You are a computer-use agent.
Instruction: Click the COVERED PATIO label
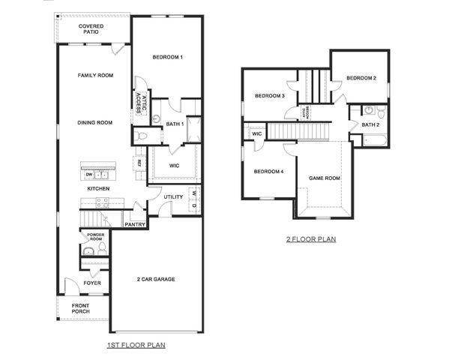pos(91,30)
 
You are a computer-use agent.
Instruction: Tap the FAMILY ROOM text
pos(95,75)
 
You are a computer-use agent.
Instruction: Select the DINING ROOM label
pos(95,122)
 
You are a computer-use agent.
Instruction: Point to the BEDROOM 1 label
pos(168,58)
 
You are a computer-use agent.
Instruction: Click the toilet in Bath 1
pos(143,136)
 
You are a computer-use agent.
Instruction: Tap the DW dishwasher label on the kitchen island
pos(88,174)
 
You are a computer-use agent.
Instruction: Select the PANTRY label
pos(135,223)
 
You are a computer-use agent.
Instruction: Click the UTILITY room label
pos(174,196)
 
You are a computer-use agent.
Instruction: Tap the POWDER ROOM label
pos(95,237)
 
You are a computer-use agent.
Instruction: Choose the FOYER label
pos(92,283)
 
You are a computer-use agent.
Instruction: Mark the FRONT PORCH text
pos(81,308)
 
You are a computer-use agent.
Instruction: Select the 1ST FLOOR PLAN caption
pos(135,345)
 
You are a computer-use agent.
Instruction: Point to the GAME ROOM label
pos(325,178)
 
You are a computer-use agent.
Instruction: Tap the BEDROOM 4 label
pos(268,172)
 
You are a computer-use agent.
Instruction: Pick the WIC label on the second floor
pos(257,134)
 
